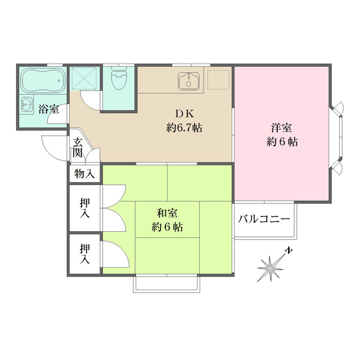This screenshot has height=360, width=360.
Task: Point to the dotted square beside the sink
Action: [219, 79]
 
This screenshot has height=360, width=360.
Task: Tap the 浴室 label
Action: [48, 109]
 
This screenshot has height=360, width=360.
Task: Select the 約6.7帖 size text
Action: [184, 128]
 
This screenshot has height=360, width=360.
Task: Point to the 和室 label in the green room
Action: [167, 214]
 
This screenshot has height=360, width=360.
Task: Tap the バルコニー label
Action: [263, 219]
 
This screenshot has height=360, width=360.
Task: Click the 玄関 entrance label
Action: [77, 148]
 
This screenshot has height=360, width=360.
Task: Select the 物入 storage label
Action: [84, 174]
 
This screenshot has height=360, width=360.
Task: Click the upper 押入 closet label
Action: [84, 207]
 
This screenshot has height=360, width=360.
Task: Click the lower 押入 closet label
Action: [84, 253]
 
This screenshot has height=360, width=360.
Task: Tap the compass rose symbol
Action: [271, 269]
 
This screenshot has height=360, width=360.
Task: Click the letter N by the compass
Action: [288, 250]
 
